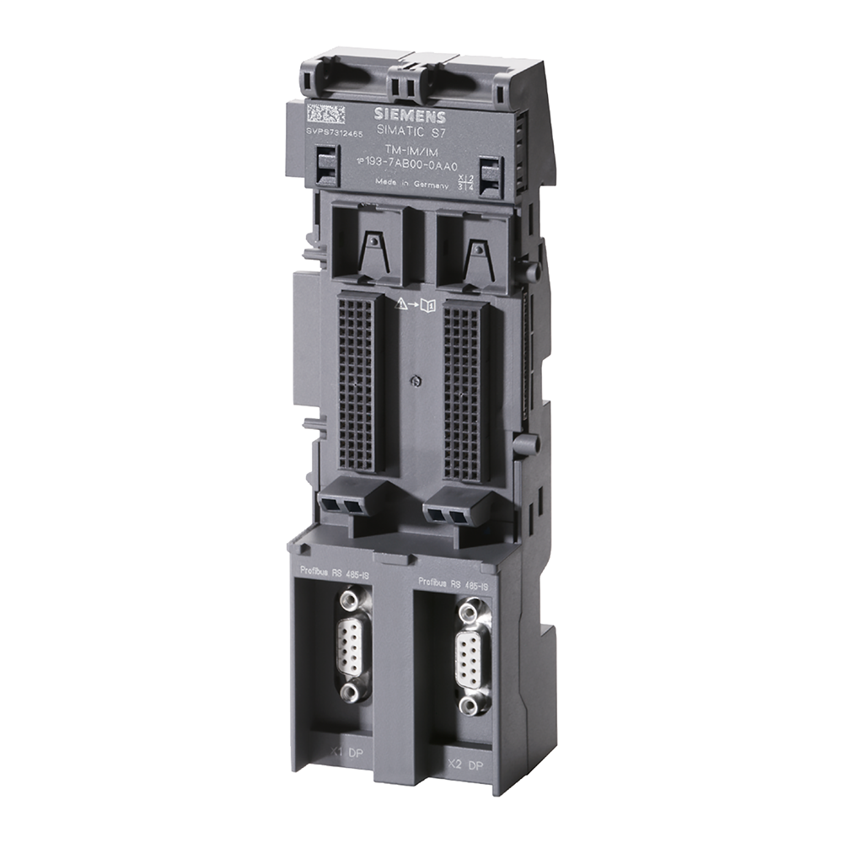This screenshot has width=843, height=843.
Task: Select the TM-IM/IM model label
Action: pos(402,151)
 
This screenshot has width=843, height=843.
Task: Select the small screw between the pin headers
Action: pos(414,381)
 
